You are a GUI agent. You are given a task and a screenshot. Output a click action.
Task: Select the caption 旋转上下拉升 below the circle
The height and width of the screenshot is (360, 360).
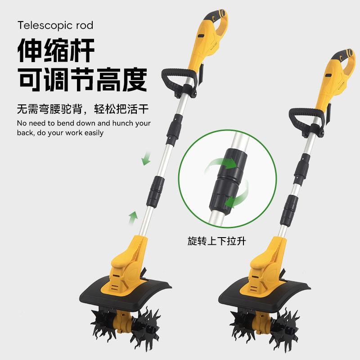point(219,241)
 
